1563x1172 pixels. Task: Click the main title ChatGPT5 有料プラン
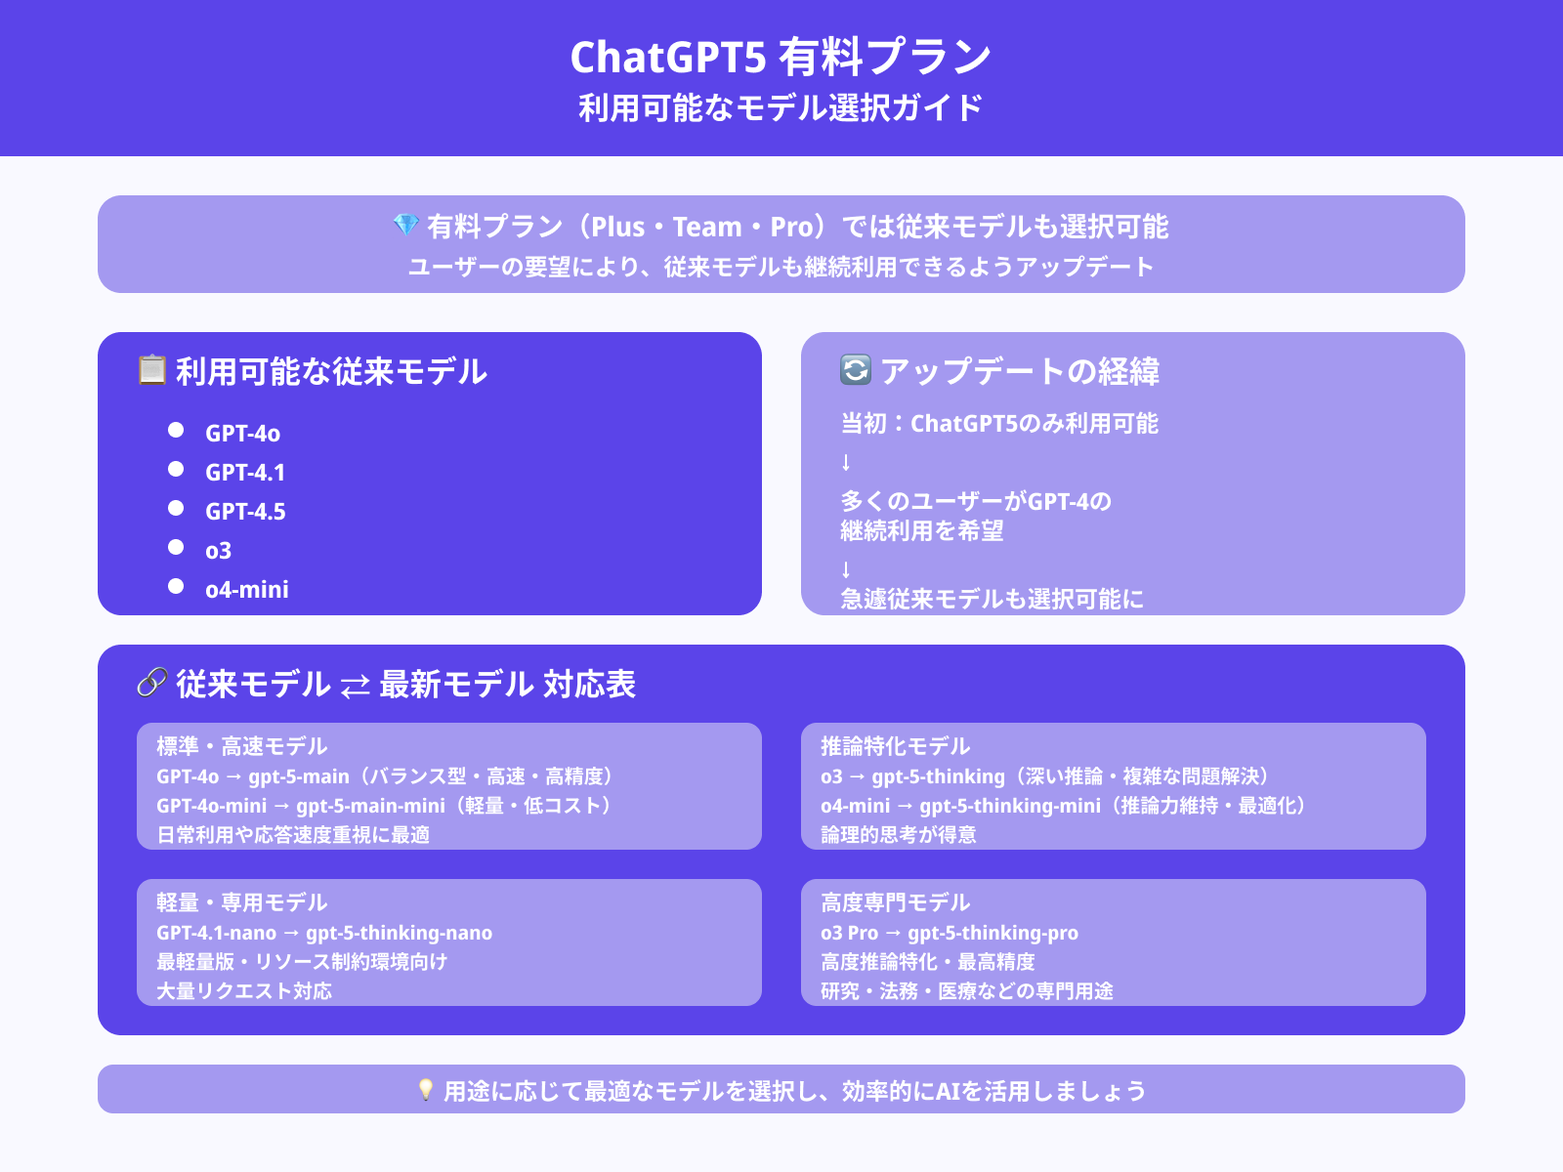point(781,57)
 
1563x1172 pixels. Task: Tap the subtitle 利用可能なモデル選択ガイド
point(781,108)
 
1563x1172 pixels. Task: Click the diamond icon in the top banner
point(405,226)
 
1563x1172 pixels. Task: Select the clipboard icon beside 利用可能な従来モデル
point(151,370)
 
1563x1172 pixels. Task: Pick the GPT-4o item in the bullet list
point(243,434)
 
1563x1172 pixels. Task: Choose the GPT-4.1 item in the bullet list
point(245,473)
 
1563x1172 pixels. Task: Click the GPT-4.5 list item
point(245,512)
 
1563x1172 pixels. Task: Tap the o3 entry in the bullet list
point(219,551)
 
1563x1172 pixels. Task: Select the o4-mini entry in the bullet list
point(247,590)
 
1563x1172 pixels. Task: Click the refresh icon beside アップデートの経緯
point(855,369)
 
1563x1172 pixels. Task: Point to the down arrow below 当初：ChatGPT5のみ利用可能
point(846,463)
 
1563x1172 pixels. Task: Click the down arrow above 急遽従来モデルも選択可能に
point(846,569)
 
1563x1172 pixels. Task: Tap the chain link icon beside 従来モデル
point(151,683)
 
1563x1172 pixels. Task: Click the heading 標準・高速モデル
point(242,746)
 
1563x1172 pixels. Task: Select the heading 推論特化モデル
point(895,746)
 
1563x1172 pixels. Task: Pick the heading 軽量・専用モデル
point(242,903)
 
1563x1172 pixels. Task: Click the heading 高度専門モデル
point(895,903)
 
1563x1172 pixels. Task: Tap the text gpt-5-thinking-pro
point(993,933)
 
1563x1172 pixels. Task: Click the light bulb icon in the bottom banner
point(426,1089)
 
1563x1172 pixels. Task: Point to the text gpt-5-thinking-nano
point(400,933)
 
